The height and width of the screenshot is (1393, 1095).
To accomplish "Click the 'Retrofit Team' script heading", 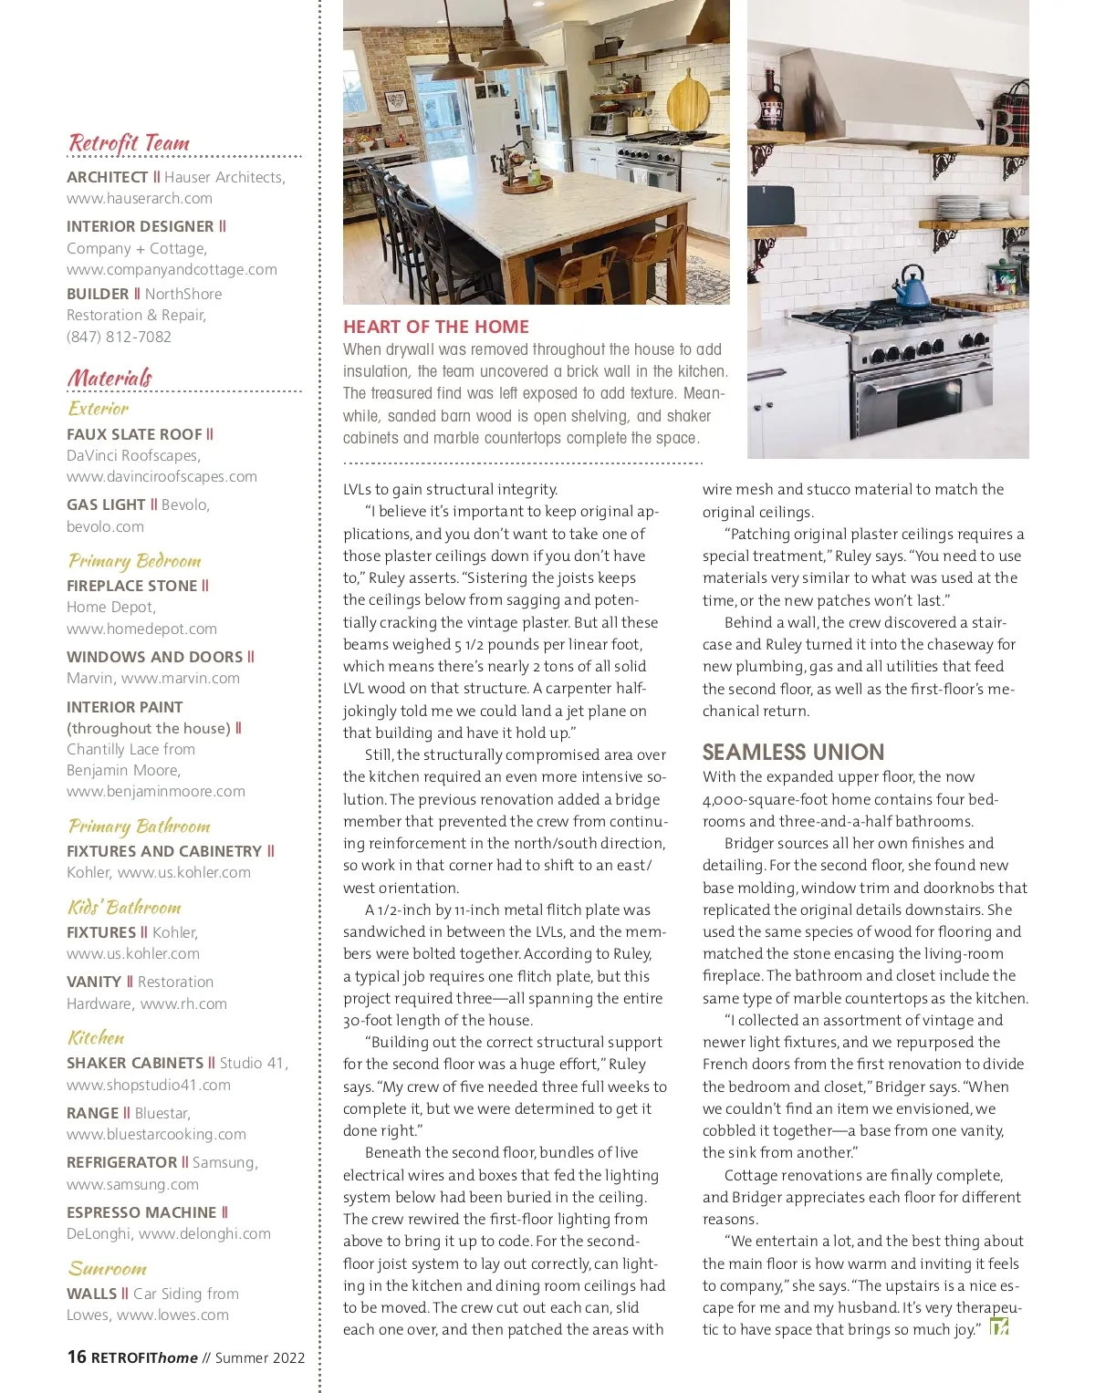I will click(x=129, y=143).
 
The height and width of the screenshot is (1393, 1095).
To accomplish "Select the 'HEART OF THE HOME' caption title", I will click(x=435, y=327).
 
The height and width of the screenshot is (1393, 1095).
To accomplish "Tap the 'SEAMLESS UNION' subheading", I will click(x=793, y=752).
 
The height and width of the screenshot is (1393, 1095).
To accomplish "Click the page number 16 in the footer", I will click(x=77, y=1357).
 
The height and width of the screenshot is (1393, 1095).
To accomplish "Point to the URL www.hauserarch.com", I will click(x=140, y=198).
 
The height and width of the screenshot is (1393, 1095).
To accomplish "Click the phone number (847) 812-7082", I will click(x=119, y=337).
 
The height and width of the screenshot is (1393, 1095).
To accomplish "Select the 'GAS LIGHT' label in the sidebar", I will click(x=106, y=504).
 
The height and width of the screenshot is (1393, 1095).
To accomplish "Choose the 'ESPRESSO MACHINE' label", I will click(x=141, y=1212).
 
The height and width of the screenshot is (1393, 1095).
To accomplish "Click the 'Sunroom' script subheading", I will click(x=107, y=1269).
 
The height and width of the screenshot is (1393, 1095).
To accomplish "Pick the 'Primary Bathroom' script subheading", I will click(x=139, y=826).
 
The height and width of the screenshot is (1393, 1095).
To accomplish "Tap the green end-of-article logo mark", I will click(x=999, y=1327).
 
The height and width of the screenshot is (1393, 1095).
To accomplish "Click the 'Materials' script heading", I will click(x=109, y=378).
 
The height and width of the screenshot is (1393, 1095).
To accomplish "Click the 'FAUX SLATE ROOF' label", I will click(x=134, y=434).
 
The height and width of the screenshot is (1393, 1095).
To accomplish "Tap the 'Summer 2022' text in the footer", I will click(x=260, y=1357).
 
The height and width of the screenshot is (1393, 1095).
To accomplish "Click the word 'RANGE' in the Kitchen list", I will click(x=92, y=1113).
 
